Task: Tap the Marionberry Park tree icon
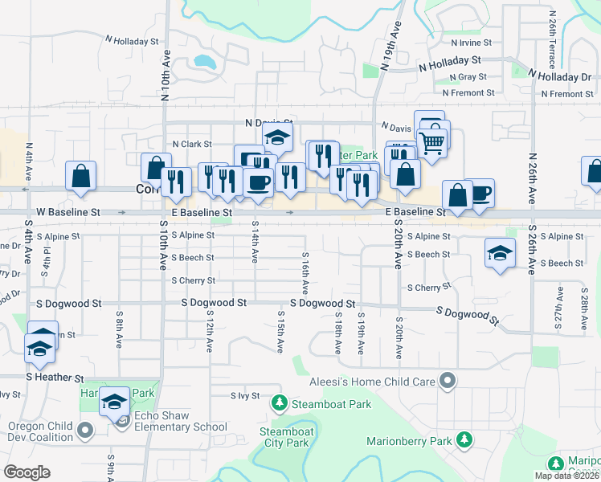coord(464,439)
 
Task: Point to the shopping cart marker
coord(432,142)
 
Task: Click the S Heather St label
coord(55,377)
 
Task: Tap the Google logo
coord(27,472)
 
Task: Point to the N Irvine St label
coord(472,43)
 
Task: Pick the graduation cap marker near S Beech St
coord(499,254)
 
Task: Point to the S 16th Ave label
coord(305,273)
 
